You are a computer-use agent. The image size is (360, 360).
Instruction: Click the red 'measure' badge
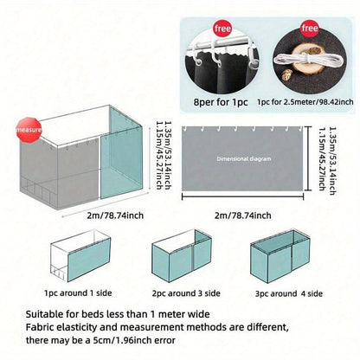[29, 130]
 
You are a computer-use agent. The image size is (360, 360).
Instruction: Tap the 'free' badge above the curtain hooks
[222, 29]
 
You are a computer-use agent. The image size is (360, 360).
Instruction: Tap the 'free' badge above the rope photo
[310, 29]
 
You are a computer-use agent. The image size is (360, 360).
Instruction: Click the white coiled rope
[309, 60]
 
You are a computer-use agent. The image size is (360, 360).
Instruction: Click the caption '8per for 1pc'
[221, 102]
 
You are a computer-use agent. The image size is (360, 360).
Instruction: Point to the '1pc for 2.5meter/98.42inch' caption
[305, 102]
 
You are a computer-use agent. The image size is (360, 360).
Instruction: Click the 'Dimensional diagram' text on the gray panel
[244, 158]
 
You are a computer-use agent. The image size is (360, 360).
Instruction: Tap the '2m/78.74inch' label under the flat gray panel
[242, 215]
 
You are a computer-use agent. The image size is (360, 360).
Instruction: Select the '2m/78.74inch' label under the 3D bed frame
[115, 215]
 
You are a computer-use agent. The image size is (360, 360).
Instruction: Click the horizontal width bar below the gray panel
[242, 196]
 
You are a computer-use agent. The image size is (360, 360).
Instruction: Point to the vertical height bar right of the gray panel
[309, 158]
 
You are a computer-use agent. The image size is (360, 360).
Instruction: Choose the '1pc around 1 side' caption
[78, 293]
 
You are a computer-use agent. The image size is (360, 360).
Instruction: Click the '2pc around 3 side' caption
[186, 293]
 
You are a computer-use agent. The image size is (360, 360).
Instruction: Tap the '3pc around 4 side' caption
[289, 293]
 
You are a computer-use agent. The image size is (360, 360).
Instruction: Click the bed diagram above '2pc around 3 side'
[182, 256]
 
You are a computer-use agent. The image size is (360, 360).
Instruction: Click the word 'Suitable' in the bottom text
[43, 314]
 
